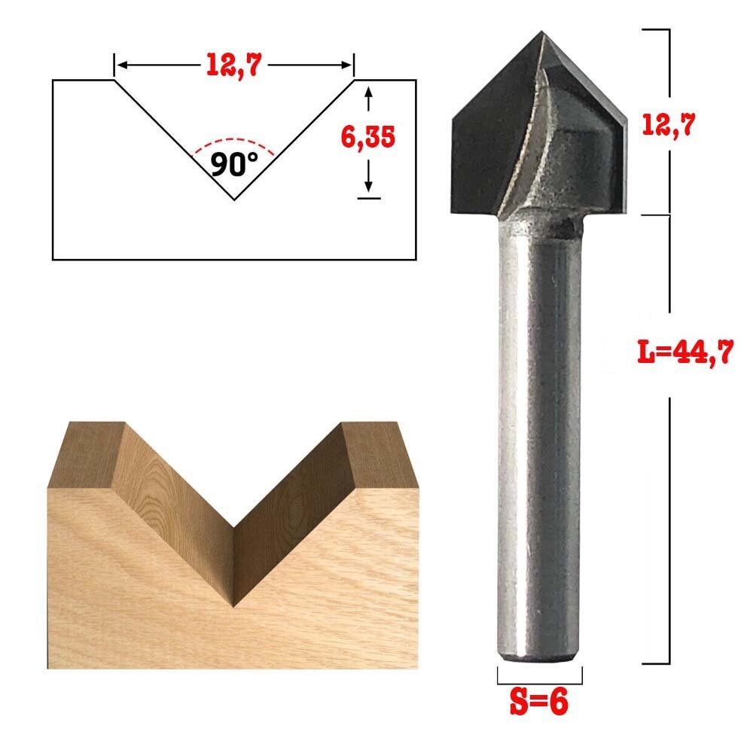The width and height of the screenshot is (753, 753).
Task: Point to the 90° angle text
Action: click(233, 163)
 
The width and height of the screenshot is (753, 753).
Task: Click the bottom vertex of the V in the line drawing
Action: click(233, 200)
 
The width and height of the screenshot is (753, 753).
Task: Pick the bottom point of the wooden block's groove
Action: click(234, 605)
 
